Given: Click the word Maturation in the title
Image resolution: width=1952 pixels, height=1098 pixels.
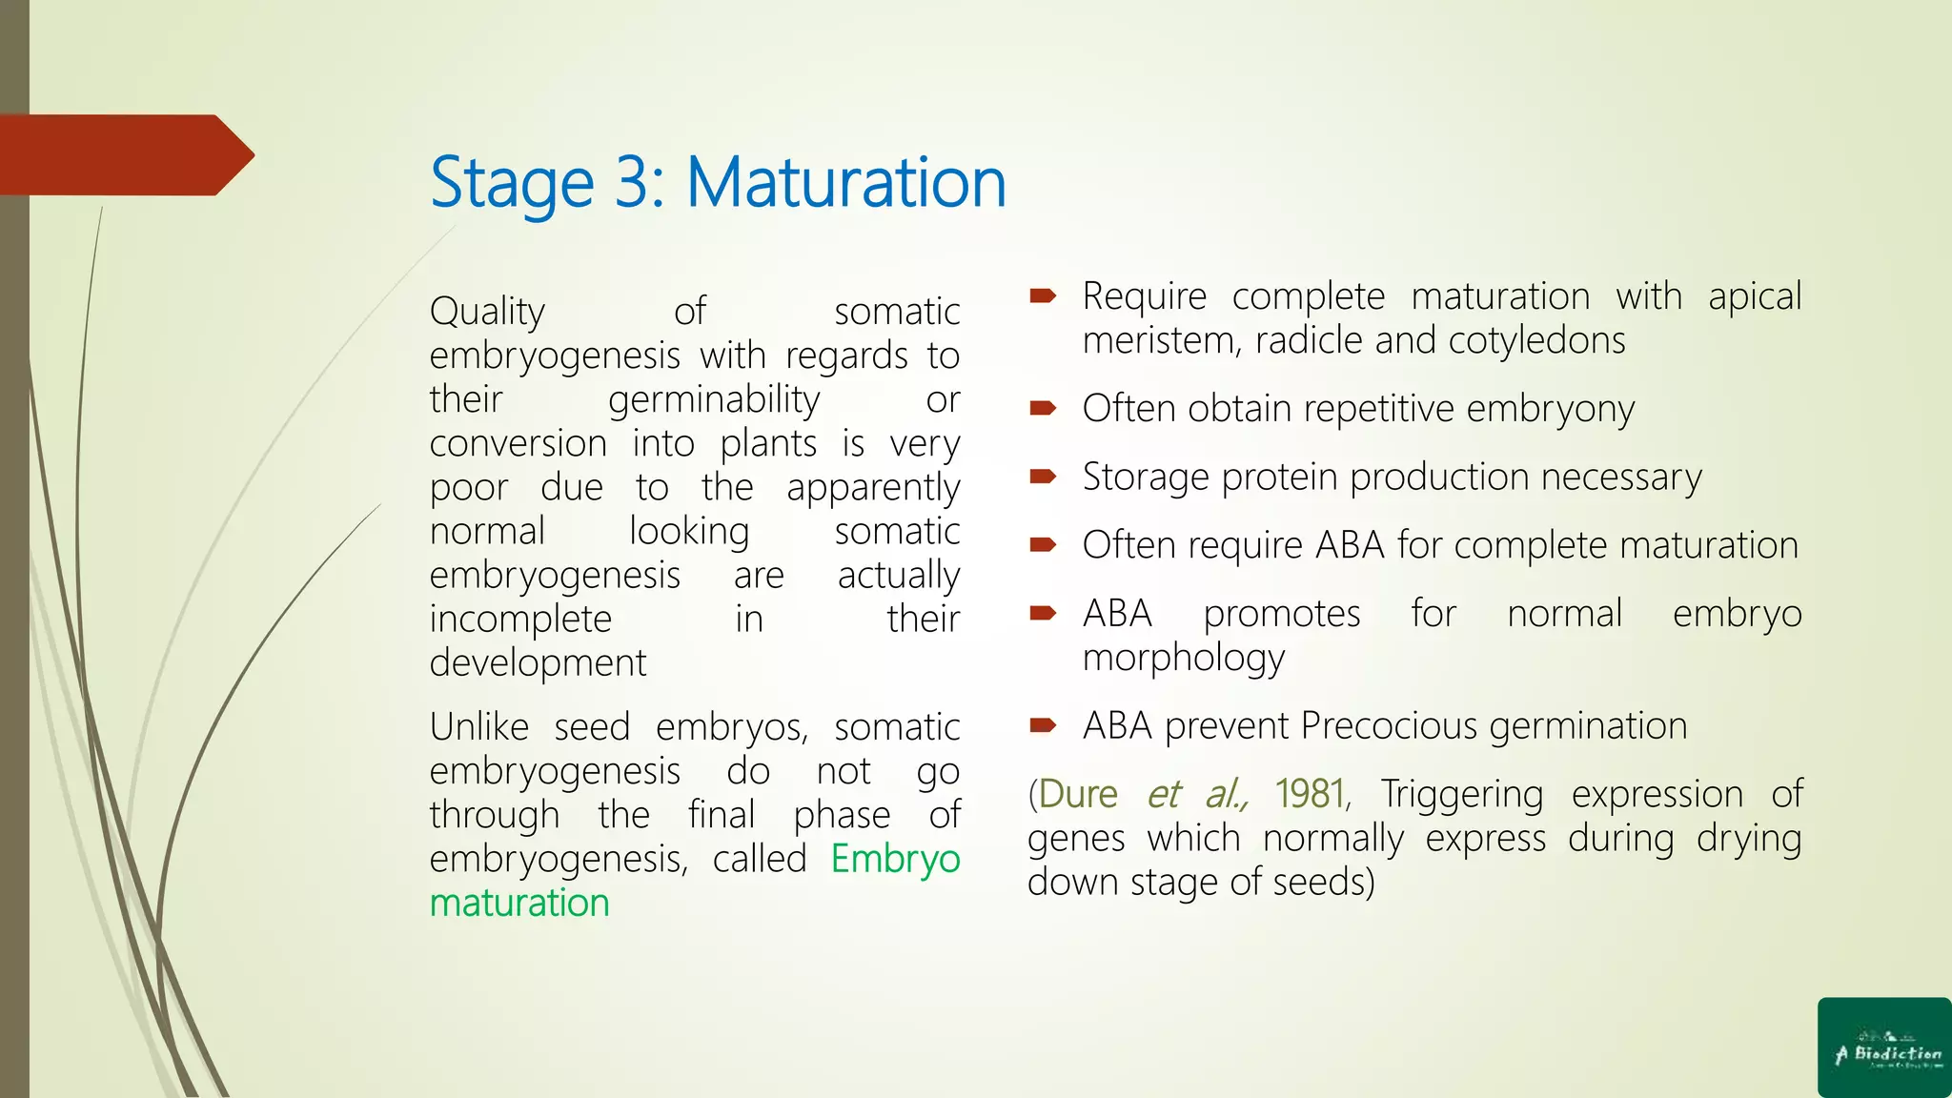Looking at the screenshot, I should (845, 182).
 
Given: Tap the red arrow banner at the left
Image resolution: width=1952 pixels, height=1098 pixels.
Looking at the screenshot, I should (124, 155).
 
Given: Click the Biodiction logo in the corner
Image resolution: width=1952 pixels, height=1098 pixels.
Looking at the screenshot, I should (1884, 1047).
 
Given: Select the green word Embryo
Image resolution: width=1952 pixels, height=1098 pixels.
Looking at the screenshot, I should (895, 859).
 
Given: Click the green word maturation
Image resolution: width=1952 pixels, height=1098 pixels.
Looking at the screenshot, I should (519, 903).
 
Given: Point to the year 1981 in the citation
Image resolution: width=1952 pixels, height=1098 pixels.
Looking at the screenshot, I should (1311, 794).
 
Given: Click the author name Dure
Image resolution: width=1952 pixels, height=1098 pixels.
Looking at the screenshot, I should (1078, 794).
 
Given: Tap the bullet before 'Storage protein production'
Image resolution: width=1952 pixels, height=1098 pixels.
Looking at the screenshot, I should (1043, 477).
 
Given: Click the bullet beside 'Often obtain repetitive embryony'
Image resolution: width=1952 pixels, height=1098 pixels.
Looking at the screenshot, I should (1043, 409).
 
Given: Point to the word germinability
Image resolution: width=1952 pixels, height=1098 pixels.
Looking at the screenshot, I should (714, 399).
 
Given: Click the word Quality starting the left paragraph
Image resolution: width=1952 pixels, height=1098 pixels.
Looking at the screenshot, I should (487, 312).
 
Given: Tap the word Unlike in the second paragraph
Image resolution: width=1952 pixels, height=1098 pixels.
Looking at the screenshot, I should (479, 727).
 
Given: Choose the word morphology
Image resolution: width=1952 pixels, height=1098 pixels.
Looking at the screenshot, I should (1184, 659).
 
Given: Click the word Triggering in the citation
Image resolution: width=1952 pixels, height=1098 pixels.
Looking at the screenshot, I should (1461, 794).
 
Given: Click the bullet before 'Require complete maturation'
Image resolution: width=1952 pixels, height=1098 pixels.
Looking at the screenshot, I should (1043, 296).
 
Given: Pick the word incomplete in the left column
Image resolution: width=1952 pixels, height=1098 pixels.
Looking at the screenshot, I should (520, 620).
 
